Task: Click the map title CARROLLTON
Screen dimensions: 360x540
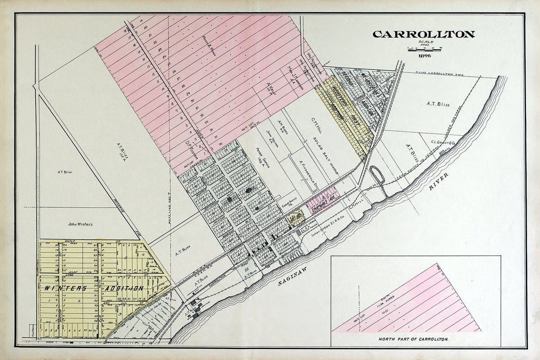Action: [x=423, y=34]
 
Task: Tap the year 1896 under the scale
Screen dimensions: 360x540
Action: [x=424, y=55]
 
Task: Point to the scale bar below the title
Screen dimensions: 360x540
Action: [x=424, y=49]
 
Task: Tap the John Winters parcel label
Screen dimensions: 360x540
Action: [x=80, y=224]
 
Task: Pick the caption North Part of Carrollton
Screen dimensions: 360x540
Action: [x=413, y=339]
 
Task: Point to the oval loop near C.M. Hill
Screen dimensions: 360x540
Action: [x=377, y=174]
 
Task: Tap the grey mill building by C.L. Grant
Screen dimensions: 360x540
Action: [x=442, y=153]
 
